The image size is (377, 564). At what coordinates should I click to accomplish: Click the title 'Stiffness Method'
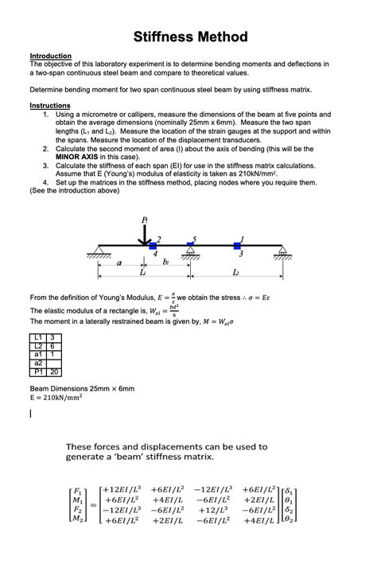point(190,37)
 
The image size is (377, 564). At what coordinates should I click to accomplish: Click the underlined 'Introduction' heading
point(50,56)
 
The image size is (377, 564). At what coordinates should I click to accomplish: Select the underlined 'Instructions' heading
point(49,105)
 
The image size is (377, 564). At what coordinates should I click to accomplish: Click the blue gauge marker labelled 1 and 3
point(237,246)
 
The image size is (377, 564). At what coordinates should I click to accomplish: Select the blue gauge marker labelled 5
point(190,246)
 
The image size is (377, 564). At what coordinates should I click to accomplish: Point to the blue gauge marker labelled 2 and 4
point(153,246)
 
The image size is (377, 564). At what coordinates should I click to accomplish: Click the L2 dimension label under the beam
point(236,273)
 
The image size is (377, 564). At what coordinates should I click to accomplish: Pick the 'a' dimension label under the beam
point(119,262)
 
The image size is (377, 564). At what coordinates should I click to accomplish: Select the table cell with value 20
point(53,371)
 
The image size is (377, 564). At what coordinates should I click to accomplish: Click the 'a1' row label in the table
point(37,354)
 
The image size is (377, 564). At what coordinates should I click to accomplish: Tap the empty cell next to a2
point(53,363)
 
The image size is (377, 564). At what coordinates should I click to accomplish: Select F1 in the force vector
point(76,492)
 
